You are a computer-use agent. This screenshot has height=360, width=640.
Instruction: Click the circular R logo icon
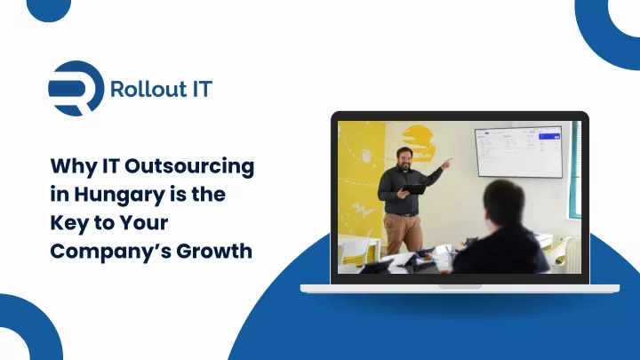click(76, 88)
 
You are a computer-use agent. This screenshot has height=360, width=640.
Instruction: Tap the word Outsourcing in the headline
click(189, 166)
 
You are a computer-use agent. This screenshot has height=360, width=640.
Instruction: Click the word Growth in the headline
click(214, 251)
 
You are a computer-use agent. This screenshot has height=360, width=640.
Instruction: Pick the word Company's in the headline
click(111, 252)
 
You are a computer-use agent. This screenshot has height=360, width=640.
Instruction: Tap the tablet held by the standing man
click(414, 189)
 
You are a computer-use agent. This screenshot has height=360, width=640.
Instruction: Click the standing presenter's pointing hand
click(447, 164)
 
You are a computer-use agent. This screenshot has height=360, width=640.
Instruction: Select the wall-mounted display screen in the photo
click(519, 152)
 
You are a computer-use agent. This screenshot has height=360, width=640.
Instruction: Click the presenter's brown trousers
click(403, 233)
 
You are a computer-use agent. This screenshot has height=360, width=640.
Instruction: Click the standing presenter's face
click(405, 160)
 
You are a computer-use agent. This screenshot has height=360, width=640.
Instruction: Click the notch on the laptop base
click(460, 286)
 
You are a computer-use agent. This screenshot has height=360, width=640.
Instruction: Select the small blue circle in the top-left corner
click(49, 9)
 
